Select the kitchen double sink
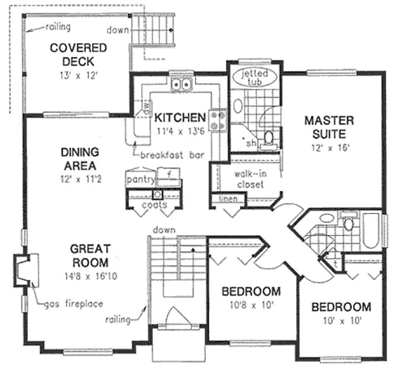(x=181, y=84)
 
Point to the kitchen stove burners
(x=217, y=120)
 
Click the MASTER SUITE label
(x=325, y=126)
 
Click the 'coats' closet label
(x=154, y=205)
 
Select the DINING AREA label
(x=80, y=158)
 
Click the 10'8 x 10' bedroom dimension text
(x=250, y=305)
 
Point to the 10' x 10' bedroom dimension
(x=341, y=320)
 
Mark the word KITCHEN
(x=181, y=118)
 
